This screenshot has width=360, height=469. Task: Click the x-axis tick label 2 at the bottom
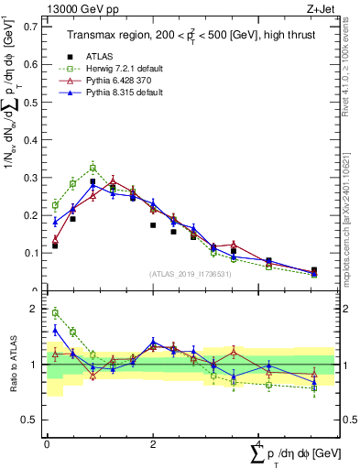pyautogui.click(x=152, y=444)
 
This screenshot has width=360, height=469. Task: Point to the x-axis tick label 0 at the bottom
pyautogui.click(x=47, y=444)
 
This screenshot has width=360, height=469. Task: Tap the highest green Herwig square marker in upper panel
pyautogui.click(x=93, y=168)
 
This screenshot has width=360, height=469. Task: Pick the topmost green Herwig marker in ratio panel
pyautogui.click(x=55, y=312)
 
